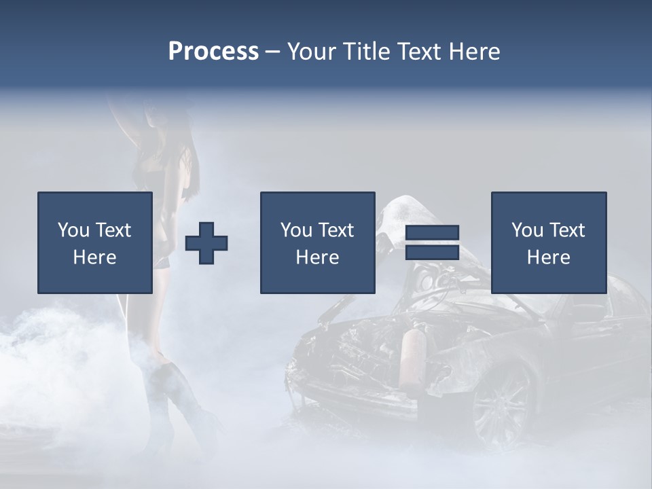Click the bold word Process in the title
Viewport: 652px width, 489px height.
(x=213, y=52)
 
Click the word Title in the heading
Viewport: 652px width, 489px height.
(x=367, y=52)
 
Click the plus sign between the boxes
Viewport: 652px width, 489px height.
(x=206, y=243)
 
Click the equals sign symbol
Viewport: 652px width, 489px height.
(x=432, y=242)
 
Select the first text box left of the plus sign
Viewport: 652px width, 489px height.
(x=95, y=242)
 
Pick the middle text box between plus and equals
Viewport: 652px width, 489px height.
(x=317, y=242)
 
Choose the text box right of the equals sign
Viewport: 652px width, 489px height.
(x=548, y=242)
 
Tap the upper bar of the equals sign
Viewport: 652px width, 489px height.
(x=432, y=233)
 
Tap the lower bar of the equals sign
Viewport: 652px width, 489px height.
(x=432, y=252)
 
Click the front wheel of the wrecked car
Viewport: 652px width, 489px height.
(x=503, y=401)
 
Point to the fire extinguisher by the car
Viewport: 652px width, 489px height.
(x=412, y=363)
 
